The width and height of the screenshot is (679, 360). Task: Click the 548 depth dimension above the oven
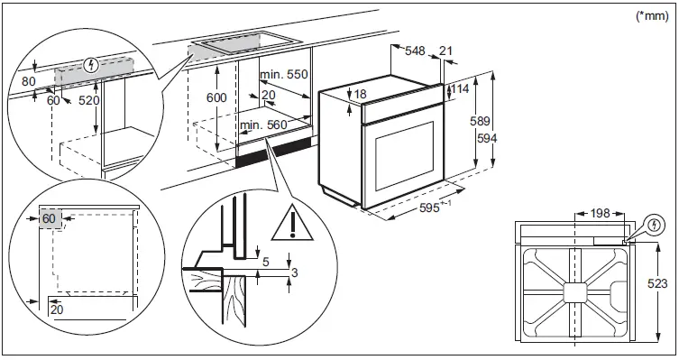point(415,51)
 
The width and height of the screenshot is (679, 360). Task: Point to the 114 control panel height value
point(463,89)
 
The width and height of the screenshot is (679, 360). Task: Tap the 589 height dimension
point(483,121)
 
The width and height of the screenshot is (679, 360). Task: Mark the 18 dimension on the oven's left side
point(361,94)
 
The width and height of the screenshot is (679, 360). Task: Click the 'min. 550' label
point(283,74)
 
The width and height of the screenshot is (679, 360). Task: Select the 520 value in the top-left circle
point(89,101)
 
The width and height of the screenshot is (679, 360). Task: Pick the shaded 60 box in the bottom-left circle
point(50,219)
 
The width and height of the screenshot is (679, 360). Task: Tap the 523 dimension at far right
point(659,284)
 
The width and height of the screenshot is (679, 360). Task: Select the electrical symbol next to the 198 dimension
point(653,225)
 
